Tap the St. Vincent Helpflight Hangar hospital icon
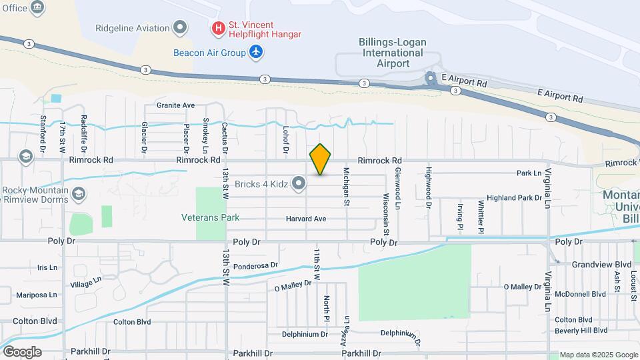[218, 29]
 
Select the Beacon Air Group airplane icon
[256, 51]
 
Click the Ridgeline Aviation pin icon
[179, 27]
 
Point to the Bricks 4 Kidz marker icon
[299, 183]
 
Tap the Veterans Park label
[210, 217]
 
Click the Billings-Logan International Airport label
[393, 53]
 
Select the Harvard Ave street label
[306, 219]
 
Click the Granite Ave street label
[175, 105]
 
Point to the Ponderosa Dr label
[255, 265]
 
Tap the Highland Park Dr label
[514, 198]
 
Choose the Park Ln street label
[529, 173]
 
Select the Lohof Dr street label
[285, 141]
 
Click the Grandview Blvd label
[601, 264]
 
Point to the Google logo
[21, 351]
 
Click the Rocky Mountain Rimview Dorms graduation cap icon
[79, 194]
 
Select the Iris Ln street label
[48, 267]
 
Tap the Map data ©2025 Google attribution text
[599, 355]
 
